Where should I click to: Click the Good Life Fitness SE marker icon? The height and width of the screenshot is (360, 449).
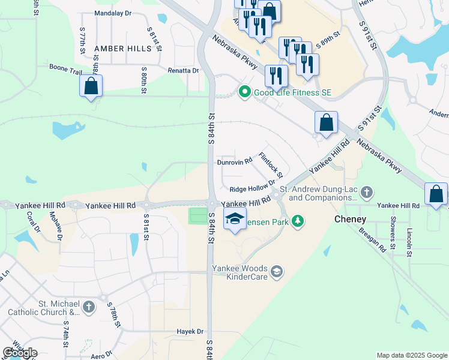(244, 92)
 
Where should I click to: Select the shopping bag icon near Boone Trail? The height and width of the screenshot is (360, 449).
(91, 86)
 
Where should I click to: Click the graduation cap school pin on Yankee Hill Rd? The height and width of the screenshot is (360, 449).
(235, 219)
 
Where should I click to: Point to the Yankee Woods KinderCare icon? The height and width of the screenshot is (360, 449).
(277, 272)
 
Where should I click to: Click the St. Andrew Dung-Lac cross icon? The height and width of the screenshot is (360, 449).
(367, 193)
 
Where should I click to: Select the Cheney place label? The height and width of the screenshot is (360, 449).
(350, 219)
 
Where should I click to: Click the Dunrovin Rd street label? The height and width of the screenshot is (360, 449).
(234, 162)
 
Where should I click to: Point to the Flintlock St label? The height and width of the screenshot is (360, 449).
(271, 164)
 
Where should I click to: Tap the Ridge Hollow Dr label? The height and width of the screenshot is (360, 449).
(252, 188)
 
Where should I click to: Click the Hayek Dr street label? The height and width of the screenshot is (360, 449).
(190, 331)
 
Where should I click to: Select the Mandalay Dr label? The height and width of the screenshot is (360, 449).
(113, 13)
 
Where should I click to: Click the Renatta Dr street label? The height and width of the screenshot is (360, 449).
(183, 70)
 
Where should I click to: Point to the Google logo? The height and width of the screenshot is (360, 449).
(20, 352)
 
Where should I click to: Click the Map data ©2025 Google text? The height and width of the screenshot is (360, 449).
(411, 355)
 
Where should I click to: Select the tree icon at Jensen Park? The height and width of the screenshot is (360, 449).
(297, 222)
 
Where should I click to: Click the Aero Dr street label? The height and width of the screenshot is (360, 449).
(101, 354)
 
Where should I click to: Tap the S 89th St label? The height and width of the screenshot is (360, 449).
(328, 36)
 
